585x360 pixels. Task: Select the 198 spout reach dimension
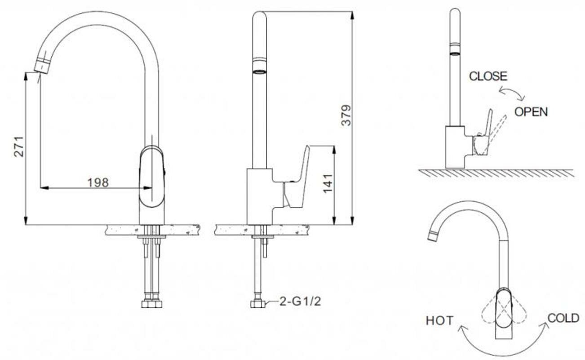pos(98,182)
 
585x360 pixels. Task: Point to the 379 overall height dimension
pos(346,115)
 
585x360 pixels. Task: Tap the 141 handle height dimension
pos(328,183)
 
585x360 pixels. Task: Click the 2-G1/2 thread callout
pos(300,301)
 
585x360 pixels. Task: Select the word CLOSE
pos(488,76)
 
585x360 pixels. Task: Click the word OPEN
pos(531,111)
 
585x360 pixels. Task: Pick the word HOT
pos(439,320)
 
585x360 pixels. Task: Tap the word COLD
pos(563,318)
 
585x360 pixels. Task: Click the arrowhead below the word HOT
pos(461,328)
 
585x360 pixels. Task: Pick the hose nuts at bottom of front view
pos(151,304)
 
